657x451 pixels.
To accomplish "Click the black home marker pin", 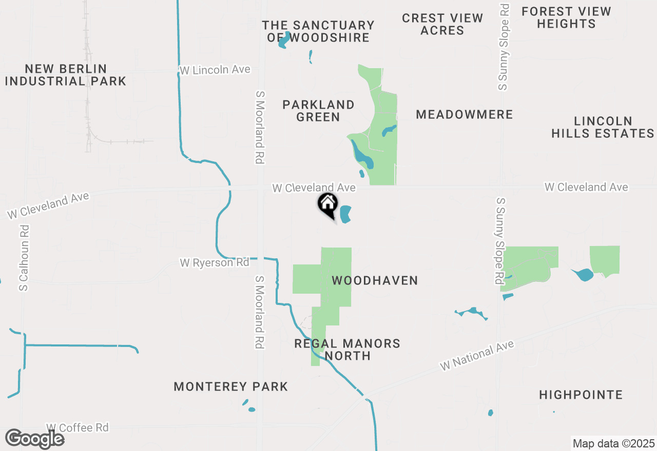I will click(x=327, y=204).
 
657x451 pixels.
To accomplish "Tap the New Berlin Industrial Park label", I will click(x=65, y=75).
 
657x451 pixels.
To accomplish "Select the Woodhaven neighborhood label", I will click(x=375, y=280).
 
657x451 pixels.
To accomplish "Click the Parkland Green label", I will click(x=318, y=111).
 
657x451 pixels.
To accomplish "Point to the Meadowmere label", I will click(x=464, y=114).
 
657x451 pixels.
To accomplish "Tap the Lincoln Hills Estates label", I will click(x=603, y=127).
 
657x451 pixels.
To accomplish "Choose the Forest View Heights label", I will click(x=566, y=17).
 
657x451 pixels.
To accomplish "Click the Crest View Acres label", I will click(x=442, y=24).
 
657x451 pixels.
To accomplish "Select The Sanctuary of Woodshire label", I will click(x=318, y=31).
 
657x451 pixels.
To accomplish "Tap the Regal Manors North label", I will click(x=347, y=350).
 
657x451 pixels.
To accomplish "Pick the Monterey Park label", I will click(x=230, y=386).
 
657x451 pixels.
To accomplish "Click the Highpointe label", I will click(x=581, y=395).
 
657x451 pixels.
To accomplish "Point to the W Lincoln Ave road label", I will click(x=215, y=70).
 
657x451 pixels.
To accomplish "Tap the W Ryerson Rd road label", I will click(x=214, y=262).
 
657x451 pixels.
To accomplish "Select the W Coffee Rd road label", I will click(x=77, y=427).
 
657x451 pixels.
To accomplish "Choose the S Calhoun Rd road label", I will click(x=24, y=258).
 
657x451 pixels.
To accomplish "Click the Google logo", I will click(x=34, y=439).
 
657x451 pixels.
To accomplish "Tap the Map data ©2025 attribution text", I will click(x=613, y=443).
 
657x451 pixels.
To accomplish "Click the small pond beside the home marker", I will click(x=345, y=214).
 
